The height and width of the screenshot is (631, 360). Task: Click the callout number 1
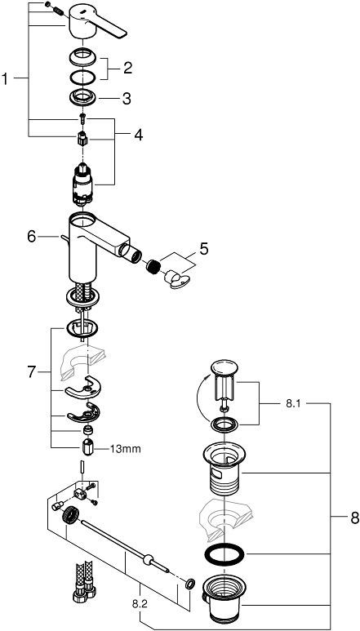7,78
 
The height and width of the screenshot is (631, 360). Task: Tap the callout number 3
127,99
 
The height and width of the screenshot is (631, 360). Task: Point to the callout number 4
138,134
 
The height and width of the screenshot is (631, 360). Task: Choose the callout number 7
31,372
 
